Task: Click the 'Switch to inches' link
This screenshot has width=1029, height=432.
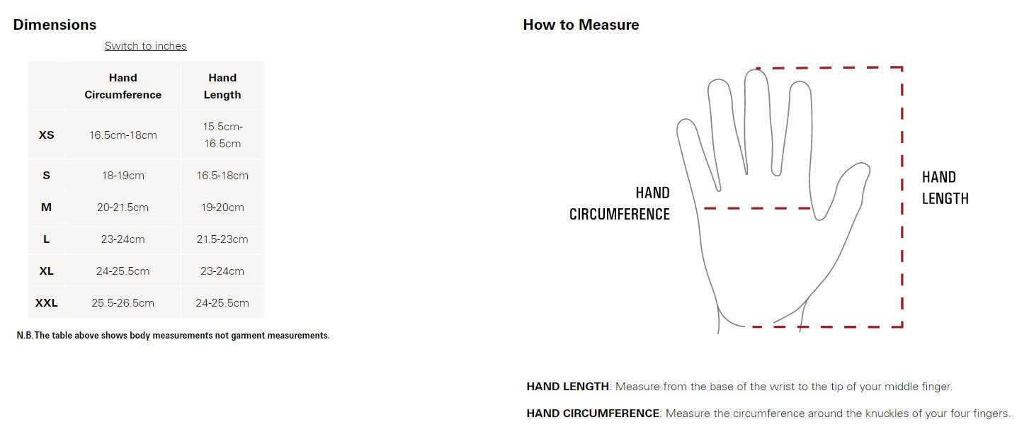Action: tap(146, 46)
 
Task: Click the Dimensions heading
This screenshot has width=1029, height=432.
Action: tap(55, 24)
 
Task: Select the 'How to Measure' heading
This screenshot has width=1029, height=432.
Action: tap(581, 24)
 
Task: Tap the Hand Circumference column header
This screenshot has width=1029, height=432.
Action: tap(123, 86)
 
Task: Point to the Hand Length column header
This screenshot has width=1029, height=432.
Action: tap(222, 86)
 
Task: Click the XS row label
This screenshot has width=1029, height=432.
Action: tap(47, 135)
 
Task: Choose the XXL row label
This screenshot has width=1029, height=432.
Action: tap(47, 303)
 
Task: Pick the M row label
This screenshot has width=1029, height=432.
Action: tap(47, 208)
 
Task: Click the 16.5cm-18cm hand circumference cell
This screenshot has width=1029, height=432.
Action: tap(123, 135)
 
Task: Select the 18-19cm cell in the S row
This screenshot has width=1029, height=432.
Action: tap(123, 176)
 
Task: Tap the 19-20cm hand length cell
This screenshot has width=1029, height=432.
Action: tap(222, 208)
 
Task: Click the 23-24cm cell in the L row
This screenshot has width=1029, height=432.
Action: tap(123, 239)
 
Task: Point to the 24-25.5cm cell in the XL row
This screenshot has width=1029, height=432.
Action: tap(123, 271)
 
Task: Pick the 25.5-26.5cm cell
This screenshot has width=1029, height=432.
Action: tap(123, 303)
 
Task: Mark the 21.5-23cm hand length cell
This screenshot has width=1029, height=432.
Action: tap(222, 239)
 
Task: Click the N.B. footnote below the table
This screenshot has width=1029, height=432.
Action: tap(174, 336)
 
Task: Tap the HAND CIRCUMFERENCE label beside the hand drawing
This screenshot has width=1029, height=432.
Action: tap(620, 203)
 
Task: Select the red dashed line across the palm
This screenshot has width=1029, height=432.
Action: tap(757, 208)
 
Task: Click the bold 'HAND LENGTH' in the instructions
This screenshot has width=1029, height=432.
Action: tap(568, 387)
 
